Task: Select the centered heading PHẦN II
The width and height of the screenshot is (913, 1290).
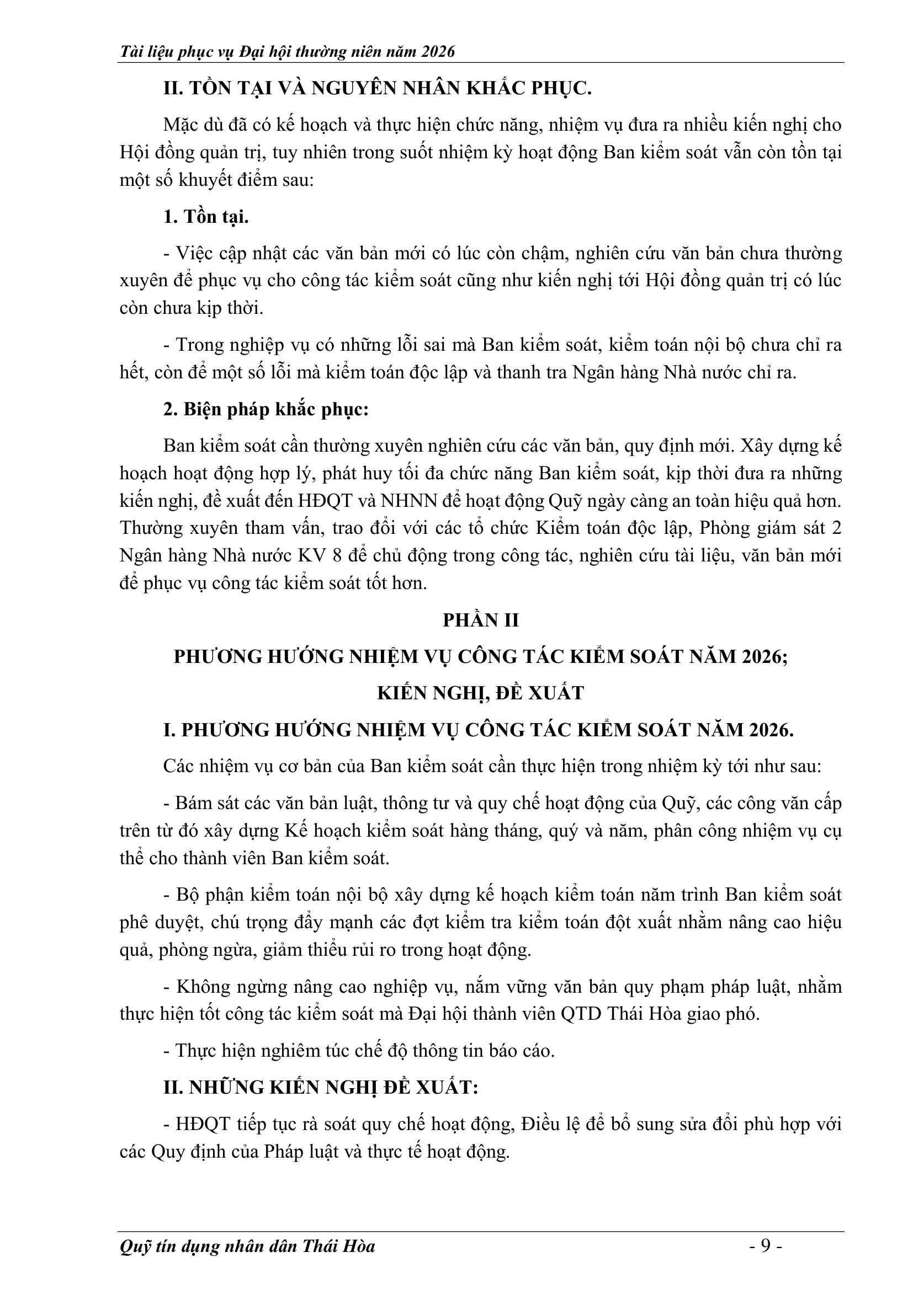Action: pos(481,620)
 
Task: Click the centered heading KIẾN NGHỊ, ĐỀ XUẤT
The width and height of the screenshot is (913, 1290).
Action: pos(481,693)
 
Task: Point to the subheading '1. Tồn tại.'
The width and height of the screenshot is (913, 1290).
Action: pos(206,217)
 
